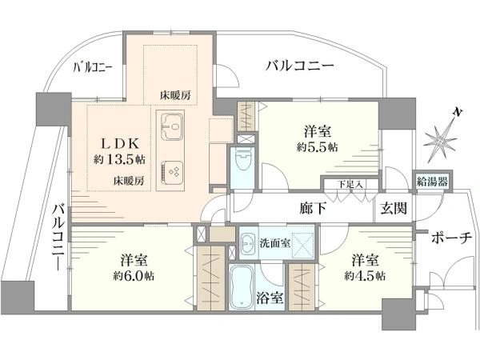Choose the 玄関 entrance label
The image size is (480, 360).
[393, 210]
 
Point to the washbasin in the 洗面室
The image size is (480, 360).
[246, 242]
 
